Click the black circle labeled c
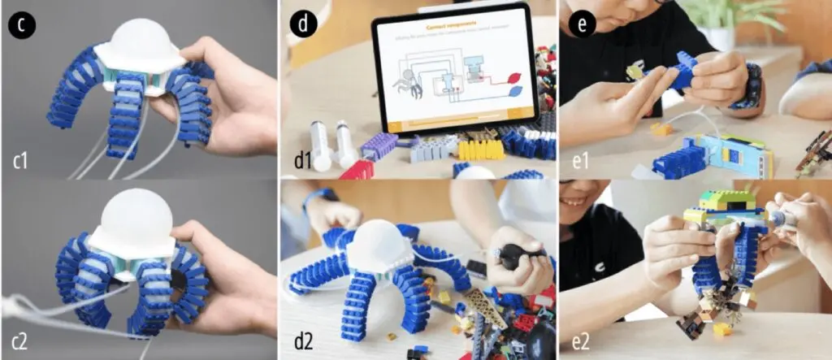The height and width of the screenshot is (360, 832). [19, 22]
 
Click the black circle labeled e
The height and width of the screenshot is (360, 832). [580, 22]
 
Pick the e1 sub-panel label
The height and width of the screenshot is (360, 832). [580, 160]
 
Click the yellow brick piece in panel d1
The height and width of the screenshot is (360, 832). [480, 150]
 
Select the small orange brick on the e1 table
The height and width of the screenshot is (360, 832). [661, 128]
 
